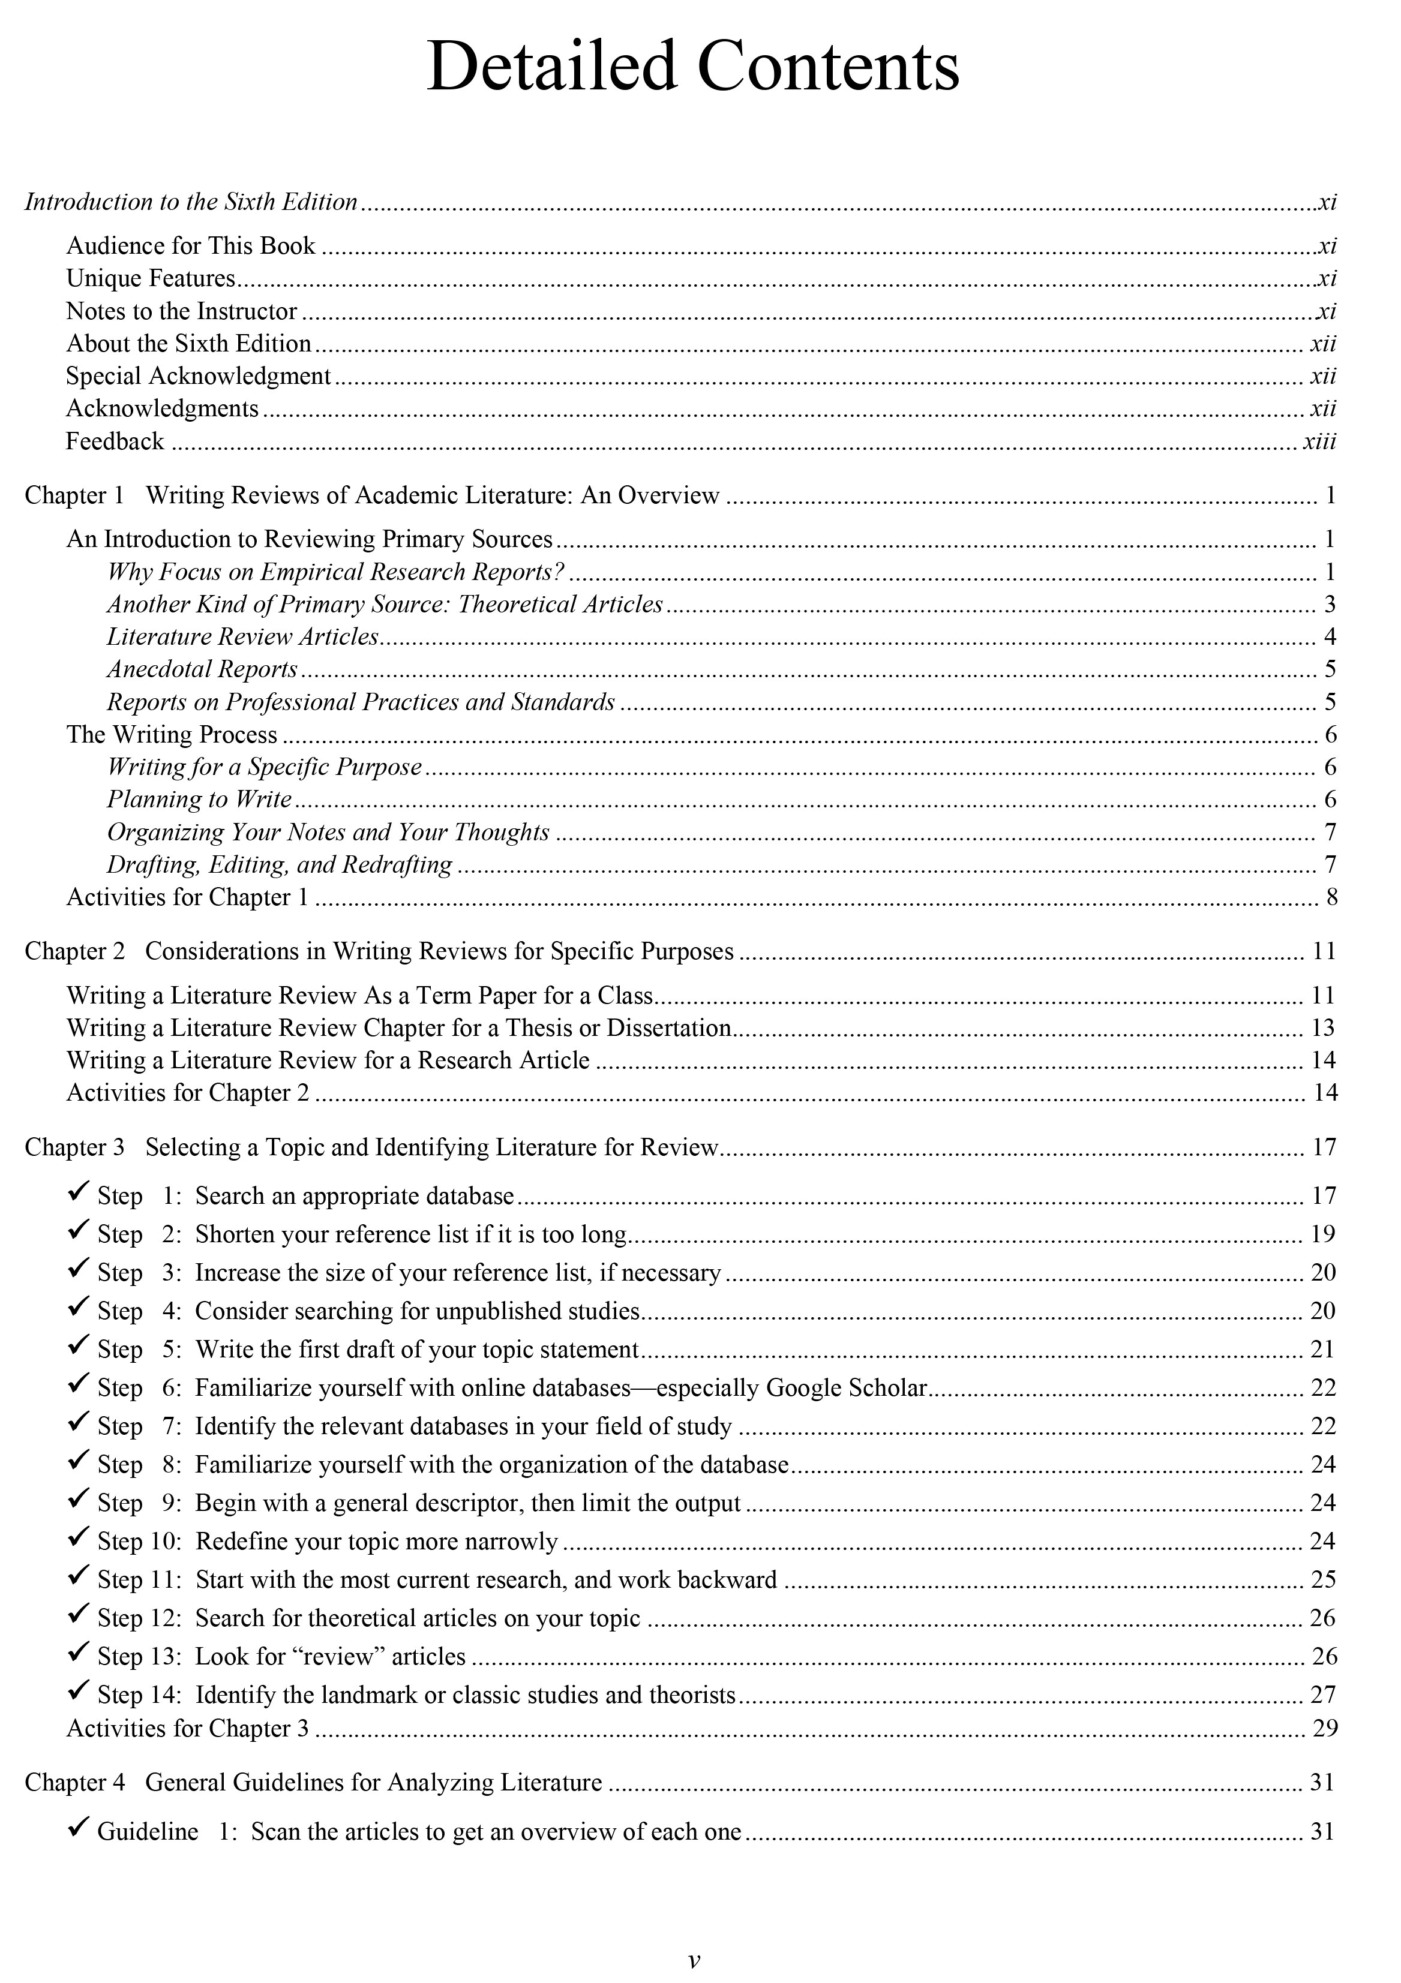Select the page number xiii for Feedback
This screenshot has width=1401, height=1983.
1319,441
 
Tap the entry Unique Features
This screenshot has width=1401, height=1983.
151,278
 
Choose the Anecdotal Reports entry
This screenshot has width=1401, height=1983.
202,669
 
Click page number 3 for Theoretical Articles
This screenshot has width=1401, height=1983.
1330,605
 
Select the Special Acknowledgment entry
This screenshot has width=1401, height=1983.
199,377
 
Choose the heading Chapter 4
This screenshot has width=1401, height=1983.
74,1783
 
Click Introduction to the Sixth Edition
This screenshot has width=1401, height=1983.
191,202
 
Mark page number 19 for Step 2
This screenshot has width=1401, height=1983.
1323,1234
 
